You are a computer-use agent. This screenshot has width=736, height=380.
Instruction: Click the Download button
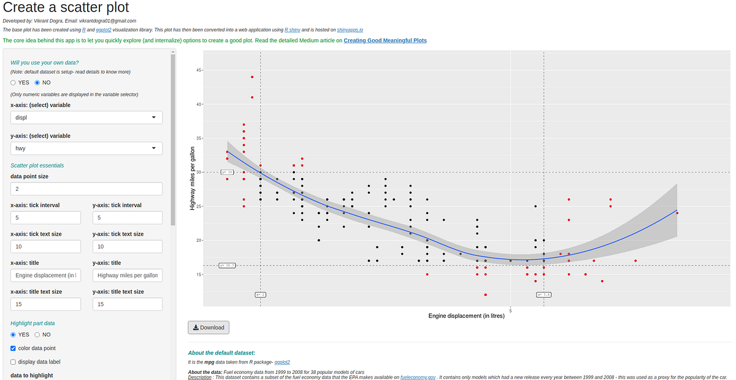209,327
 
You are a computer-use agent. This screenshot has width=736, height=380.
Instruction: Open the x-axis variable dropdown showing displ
86,118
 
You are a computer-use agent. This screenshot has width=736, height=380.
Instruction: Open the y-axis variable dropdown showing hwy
86,149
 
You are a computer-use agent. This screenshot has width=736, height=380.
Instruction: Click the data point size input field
86,189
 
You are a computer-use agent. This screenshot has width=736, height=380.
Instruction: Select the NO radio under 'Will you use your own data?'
38,82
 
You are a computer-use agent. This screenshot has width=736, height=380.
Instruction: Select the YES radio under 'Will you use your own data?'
13,82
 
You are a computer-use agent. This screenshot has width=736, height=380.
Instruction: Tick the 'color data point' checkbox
13,348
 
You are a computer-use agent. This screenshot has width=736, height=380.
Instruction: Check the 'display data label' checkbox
13,362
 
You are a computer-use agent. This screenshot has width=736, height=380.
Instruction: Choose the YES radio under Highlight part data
13,335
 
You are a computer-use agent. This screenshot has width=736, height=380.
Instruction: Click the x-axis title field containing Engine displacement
45,276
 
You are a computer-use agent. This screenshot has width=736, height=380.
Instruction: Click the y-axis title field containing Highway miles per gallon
128,276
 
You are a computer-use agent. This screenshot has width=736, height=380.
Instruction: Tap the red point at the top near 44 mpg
252,77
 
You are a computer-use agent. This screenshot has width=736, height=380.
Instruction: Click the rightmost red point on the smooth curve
677,213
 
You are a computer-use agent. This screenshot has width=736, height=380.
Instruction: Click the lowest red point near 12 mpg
485,295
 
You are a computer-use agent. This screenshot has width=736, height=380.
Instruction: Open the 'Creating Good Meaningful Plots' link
385,41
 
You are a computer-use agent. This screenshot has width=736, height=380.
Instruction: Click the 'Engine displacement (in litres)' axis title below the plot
466,316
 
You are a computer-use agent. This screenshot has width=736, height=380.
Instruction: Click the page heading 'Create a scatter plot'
66,9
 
